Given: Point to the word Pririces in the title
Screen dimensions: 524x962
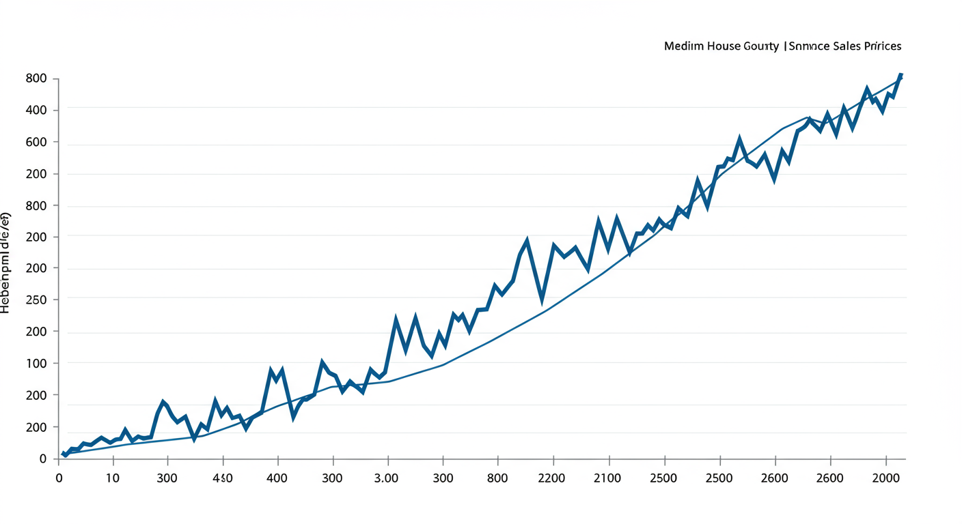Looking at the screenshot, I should coord(882,46).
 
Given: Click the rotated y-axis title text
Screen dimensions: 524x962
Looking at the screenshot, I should coord(5,263).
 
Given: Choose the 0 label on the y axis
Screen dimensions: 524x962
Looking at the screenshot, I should coord(42,458).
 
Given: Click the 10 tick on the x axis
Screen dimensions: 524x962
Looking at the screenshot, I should coord(112,478).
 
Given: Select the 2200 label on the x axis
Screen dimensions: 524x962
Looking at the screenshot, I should coord(552,478).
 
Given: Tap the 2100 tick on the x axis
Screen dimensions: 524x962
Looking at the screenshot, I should coord(607,478).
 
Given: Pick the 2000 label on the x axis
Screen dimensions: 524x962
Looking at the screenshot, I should coord(886,478).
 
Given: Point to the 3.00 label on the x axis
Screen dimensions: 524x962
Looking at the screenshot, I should coord(387,478).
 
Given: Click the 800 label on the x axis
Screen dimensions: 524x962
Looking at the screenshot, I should coord(497,478).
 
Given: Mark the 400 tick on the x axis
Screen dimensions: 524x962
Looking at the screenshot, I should coord(277,478).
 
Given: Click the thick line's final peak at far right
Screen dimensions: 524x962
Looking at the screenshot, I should coord(901,74).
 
